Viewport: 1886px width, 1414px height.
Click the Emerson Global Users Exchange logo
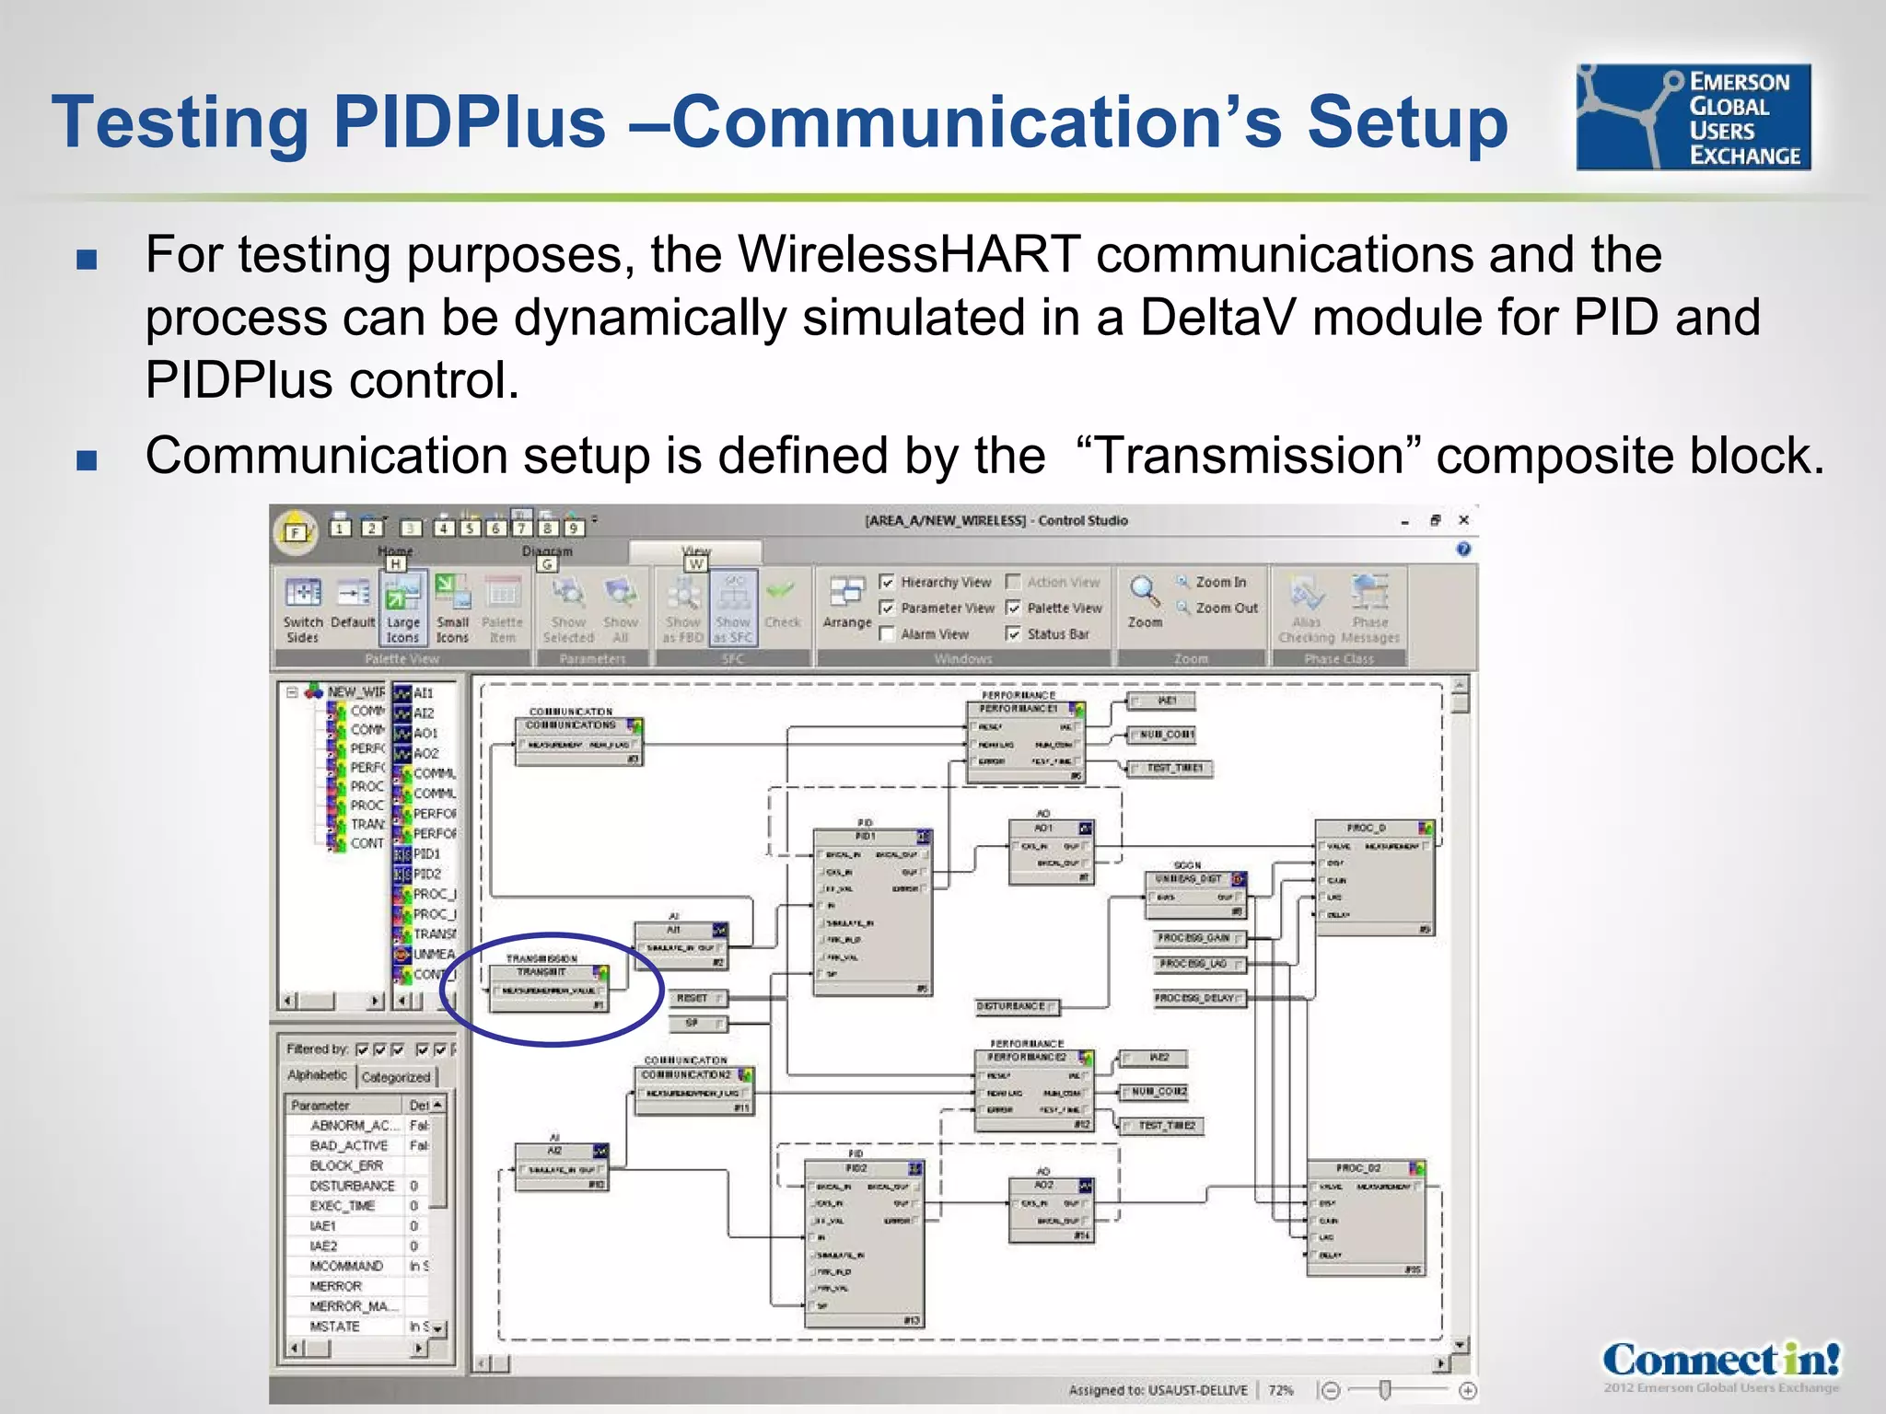click(x=1693, y=117)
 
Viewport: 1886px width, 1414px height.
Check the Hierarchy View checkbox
click(x=888, y=582)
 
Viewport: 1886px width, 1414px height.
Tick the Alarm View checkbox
click(x=888, y=633)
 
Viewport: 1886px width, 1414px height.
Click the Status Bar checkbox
click(x=1014, y=633)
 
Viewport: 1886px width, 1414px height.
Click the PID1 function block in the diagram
click(x=871, y=911)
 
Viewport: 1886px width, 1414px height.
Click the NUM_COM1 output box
click(x=1165, y=735)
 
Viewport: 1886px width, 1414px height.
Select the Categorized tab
click(x=396, y=1076)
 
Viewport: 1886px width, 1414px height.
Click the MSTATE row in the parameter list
click(x=336, y=1327)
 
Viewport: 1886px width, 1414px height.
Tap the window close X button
click(x=1463, y=520)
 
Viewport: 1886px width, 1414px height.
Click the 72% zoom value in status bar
click(x=1280, y=1390)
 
